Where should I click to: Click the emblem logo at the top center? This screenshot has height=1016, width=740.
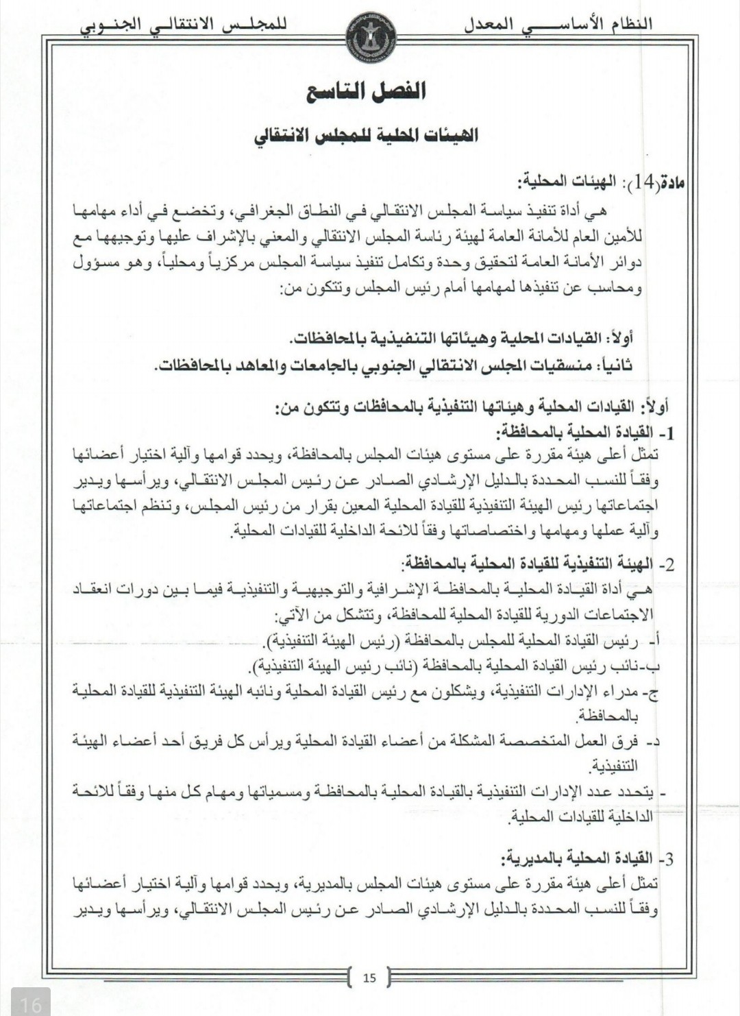coord(370,25)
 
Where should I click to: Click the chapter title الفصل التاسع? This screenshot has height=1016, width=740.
coord(367,91)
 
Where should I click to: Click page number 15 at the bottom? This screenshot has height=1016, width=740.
coord(370,978)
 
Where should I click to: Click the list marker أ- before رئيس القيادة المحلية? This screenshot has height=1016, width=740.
coord(652,642)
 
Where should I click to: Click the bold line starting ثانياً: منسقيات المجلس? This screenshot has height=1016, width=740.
coord(393,365)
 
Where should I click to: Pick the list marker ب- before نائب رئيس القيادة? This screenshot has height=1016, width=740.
coord(652,666)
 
